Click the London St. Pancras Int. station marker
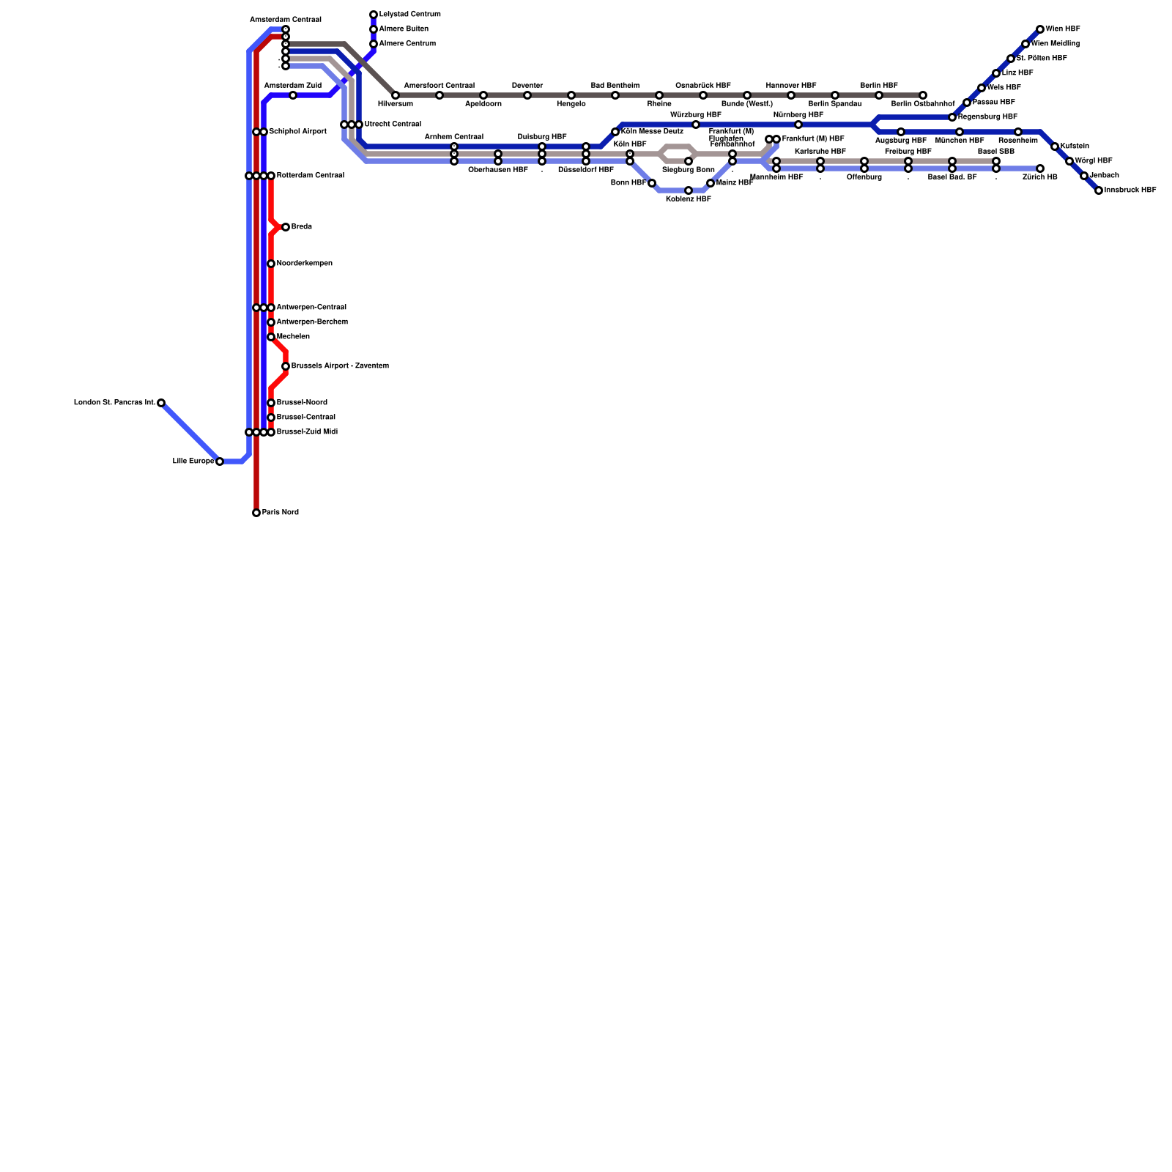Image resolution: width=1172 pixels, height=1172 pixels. [161, 403]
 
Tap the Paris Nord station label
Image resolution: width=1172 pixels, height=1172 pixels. [280, 513]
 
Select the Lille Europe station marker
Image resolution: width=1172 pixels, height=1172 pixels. [220, 461]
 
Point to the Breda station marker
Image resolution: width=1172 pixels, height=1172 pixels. [286, 227]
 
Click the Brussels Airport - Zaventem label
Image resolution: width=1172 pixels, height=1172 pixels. [340, 366]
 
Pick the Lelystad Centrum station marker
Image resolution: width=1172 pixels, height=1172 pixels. [374, 15]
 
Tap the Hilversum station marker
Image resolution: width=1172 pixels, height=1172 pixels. [396, 95]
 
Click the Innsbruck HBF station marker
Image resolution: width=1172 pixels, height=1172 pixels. [1099, 190]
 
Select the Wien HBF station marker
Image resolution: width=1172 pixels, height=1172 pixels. [1040, 29]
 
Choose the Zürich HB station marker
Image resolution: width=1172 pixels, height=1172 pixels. [1040, 168]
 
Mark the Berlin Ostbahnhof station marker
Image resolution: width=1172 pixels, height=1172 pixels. [923, 95]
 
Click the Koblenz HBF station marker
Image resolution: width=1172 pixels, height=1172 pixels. [689, 190]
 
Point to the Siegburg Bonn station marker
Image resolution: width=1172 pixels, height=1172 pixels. [689, 161]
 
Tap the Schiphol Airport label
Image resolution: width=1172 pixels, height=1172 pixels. [297, 132]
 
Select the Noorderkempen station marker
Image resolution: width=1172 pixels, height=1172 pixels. [271, 264]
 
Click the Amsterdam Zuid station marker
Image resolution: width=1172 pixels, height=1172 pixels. [293, 95]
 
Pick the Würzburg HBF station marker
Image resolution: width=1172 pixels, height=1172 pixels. [696, 125]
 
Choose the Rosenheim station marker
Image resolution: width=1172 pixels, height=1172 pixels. [1018, 132]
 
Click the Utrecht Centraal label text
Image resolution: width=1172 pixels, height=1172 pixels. [393, 125]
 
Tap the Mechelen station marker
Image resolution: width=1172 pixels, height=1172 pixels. [271, 337]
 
